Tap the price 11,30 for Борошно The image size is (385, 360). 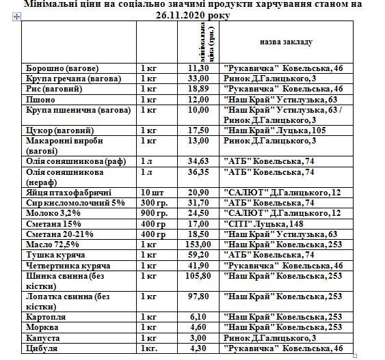click(198, 69)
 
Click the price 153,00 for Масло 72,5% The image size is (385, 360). click(198, 244)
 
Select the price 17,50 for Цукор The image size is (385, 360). click(198, 130)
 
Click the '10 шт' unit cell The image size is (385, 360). click(151, 193)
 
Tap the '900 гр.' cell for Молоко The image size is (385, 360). click(153, 213)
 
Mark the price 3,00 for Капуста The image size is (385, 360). click(198, 338)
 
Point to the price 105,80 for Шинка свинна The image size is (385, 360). click(198, 275)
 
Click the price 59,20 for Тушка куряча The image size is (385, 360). click(198, 254)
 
